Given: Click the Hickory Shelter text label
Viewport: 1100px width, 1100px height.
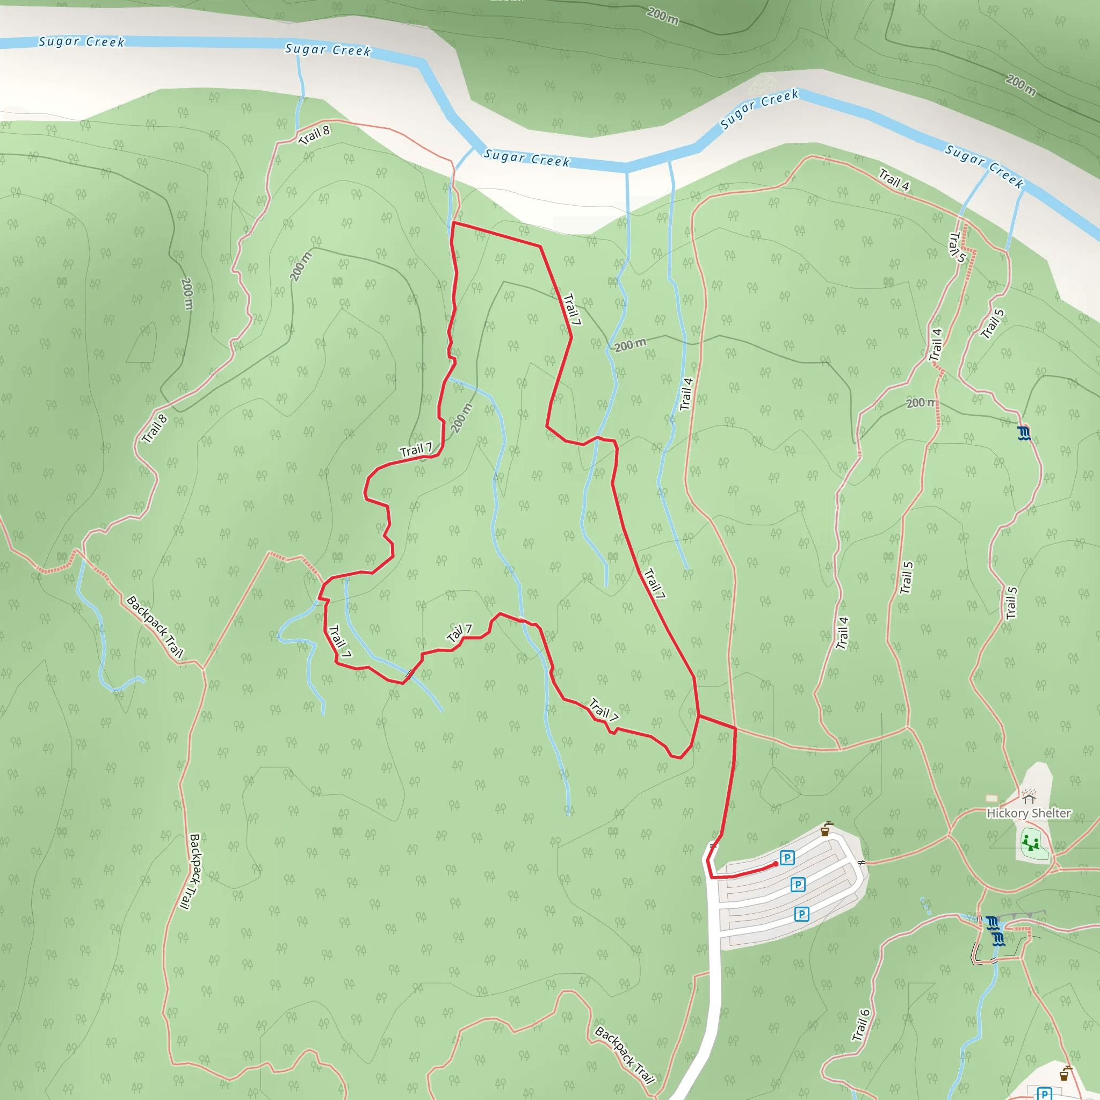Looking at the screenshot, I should (1028, 813).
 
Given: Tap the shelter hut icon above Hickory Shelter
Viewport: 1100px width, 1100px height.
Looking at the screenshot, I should (1028, 795).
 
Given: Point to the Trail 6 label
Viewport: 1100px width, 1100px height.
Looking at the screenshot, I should (861, 1025).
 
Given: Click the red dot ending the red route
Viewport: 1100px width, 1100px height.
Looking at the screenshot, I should (776, 864).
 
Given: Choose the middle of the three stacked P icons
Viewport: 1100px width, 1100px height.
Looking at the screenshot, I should (798, 884).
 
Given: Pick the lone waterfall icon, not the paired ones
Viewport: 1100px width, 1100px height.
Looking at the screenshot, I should (1024, 433).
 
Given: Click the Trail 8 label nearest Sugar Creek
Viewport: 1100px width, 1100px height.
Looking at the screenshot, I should (314, 135).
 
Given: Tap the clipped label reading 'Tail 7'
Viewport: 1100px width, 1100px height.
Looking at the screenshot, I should (459, 633).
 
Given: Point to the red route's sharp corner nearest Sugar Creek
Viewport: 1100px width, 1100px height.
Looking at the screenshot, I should (453, 223).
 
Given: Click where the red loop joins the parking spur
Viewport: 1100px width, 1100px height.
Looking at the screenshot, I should (699, 715).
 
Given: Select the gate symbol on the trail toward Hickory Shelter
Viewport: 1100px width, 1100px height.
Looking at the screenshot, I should (862, 863).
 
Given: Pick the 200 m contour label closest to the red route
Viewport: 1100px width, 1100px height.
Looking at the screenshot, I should (461, 418).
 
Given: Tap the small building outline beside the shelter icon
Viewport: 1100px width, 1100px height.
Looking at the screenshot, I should (992, 798).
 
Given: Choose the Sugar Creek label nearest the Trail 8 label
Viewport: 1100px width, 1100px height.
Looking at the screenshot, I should (328, 50).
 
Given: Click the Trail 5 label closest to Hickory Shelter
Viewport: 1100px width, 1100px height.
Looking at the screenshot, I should (1011, 603).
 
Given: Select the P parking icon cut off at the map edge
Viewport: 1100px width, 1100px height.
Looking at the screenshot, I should (1044, 1093).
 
